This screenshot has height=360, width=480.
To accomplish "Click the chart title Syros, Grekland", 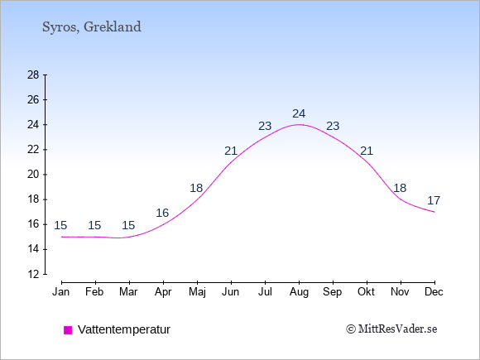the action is [92, 27].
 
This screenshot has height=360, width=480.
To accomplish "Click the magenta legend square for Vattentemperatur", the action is [68, 330].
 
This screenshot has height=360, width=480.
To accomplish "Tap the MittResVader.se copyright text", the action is [391, 329].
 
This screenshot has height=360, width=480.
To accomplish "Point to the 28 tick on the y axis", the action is [33, 74].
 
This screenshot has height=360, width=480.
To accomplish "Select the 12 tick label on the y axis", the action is [33, 274].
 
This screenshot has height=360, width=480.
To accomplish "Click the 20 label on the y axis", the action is [33, 175].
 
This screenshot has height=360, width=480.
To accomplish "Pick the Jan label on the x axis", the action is [61, 292].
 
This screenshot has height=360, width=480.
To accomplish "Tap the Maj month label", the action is [197, 292].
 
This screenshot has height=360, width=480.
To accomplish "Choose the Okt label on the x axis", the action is [366, 292].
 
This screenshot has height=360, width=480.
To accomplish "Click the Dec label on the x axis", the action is [434, 292].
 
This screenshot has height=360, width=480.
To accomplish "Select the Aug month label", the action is [299, 292].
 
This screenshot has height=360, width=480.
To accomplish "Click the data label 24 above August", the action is [299, 114].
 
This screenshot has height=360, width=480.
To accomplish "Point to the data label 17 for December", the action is [434, 201].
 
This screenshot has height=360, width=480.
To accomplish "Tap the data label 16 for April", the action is [162, 213].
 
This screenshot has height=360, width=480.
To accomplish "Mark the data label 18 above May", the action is [196, 188].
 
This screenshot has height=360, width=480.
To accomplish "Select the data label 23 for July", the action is [265, 126].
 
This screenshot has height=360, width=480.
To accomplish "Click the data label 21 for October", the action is [367, 151].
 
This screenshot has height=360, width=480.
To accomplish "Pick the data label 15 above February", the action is [94, 226].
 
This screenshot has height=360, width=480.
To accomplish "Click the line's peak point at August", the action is [299, 125].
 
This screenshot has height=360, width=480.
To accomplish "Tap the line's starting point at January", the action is [62, 237].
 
